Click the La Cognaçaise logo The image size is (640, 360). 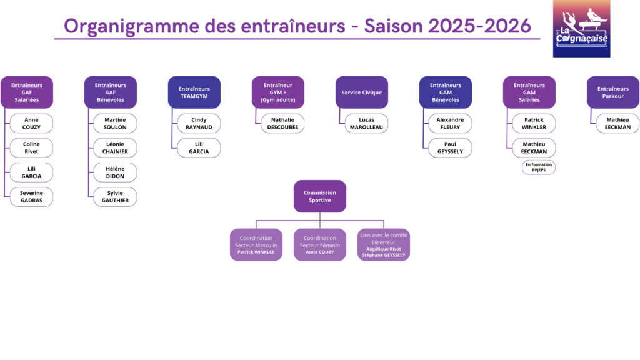click(x=581, y=29)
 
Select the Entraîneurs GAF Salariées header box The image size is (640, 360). click(x=27, y=92)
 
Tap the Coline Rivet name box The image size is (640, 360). click(x=31, y=147)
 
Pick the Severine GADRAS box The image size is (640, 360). click(x=31, y=197)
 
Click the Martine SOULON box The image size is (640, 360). click(x=115, y=123)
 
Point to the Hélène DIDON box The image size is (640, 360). click(x=115, y=172)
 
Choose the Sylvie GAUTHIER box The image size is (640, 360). click(x=115, y=197)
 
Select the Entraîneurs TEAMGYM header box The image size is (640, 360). click(x=194, y=92)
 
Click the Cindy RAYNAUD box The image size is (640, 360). click(x=199, y=123)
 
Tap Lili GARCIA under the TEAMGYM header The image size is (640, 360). click(x=199, y=147)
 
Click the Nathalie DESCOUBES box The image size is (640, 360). click(x=282, y=123)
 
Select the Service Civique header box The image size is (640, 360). click(x=362, y=92)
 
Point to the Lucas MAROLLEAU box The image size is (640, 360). click(x=366, y=123)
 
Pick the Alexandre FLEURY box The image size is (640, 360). click(x=450, y=123)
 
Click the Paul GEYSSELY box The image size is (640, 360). click(x=450, y=147)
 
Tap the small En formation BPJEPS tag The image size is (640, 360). click(x=538, y=167)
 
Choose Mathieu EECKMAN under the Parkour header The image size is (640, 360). click(x=617, y=123)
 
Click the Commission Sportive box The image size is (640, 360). click(x=320, y=196)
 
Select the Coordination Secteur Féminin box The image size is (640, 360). click(x=320, y=244)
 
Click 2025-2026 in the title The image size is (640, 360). click(x=479, y=26)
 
